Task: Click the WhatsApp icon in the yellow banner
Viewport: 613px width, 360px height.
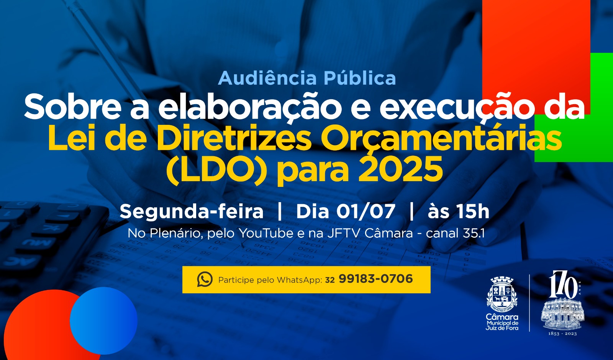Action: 205,280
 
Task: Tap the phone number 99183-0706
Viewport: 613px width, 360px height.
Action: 375,279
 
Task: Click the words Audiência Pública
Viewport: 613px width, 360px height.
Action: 307,78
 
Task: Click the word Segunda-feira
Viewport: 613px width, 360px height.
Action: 192,211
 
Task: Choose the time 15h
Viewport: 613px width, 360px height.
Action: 473,211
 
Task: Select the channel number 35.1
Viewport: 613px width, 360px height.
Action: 474,233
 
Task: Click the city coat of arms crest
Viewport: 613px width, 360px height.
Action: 502,294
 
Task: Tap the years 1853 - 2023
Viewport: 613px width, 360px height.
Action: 562,334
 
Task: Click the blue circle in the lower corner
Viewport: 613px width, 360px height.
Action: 103,321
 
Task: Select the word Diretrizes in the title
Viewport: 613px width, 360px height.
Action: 234,139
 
